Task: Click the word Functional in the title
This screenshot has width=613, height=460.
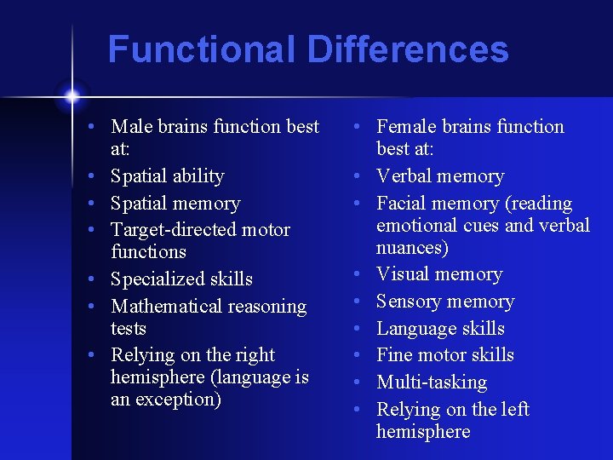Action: click(x=202, y=49)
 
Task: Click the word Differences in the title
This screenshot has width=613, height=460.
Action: click(x=408, y=49)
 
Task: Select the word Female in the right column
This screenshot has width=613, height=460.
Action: click(x=405, y=127)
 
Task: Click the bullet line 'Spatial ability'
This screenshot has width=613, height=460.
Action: click(x=168, y=176)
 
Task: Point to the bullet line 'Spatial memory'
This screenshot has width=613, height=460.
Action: click(x=175, y=204)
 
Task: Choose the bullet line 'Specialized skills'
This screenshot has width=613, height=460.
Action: click(x=181, y=279)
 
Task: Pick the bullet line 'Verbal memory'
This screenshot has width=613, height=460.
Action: click(x=440, y=176)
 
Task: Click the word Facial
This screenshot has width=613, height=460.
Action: click(x=401, y=204)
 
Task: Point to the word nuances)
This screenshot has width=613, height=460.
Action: click(x=412, y=248)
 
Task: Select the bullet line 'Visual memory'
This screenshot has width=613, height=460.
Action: click(x=439, y=274)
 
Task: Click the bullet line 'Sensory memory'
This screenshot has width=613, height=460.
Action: click(x=445, y=302)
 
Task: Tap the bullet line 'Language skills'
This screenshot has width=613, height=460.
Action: click(x=440, y=329)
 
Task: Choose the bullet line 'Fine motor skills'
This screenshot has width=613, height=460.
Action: click(x=445, y=355)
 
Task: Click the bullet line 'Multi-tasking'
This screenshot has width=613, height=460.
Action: click(x=432, y=382)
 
